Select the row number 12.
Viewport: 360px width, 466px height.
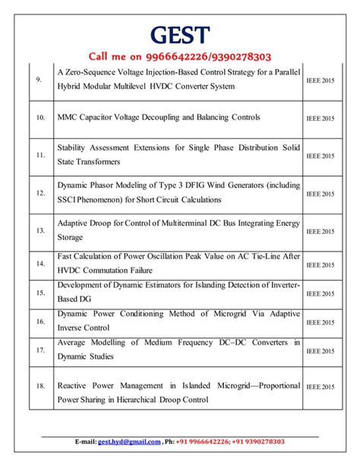click(39, 194)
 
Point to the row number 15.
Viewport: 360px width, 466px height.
click(39, 292)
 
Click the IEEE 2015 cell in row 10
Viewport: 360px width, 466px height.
click(321, 119)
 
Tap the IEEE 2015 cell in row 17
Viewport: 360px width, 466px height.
click(321, 350)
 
